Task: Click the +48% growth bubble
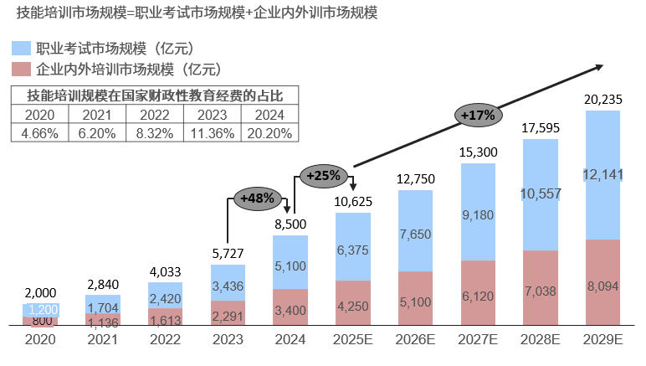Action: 257,198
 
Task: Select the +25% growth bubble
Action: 323,176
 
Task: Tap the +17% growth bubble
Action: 479,114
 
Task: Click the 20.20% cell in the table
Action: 268,131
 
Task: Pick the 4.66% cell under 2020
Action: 38,131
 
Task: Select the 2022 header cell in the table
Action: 153,116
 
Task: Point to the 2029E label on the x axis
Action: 602,341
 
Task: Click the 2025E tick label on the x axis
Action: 353,341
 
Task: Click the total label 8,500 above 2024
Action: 290,224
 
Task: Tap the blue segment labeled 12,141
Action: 602,174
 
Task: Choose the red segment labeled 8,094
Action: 602,285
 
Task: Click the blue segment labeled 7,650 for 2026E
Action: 416,232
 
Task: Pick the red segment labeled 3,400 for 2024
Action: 290,309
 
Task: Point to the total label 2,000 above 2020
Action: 40,292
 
